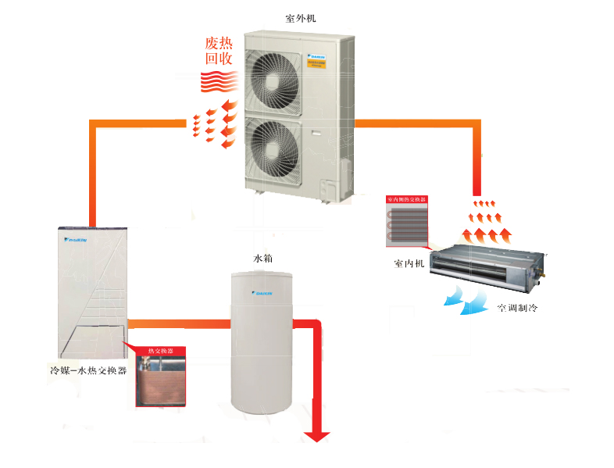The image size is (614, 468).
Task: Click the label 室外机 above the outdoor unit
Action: [x=302, y=17]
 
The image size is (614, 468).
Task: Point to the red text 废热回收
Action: [x=219, y=50]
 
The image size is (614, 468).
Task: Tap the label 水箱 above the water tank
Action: [x=263, y=258]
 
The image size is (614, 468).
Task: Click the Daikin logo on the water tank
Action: [x=263, y=295]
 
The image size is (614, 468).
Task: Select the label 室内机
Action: [x=409, y=263]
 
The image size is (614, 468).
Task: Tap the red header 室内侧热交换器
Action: [x=408, y=200]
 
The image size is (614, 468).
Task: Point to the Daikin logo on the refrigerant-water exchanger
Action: [x=76, y=240]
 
